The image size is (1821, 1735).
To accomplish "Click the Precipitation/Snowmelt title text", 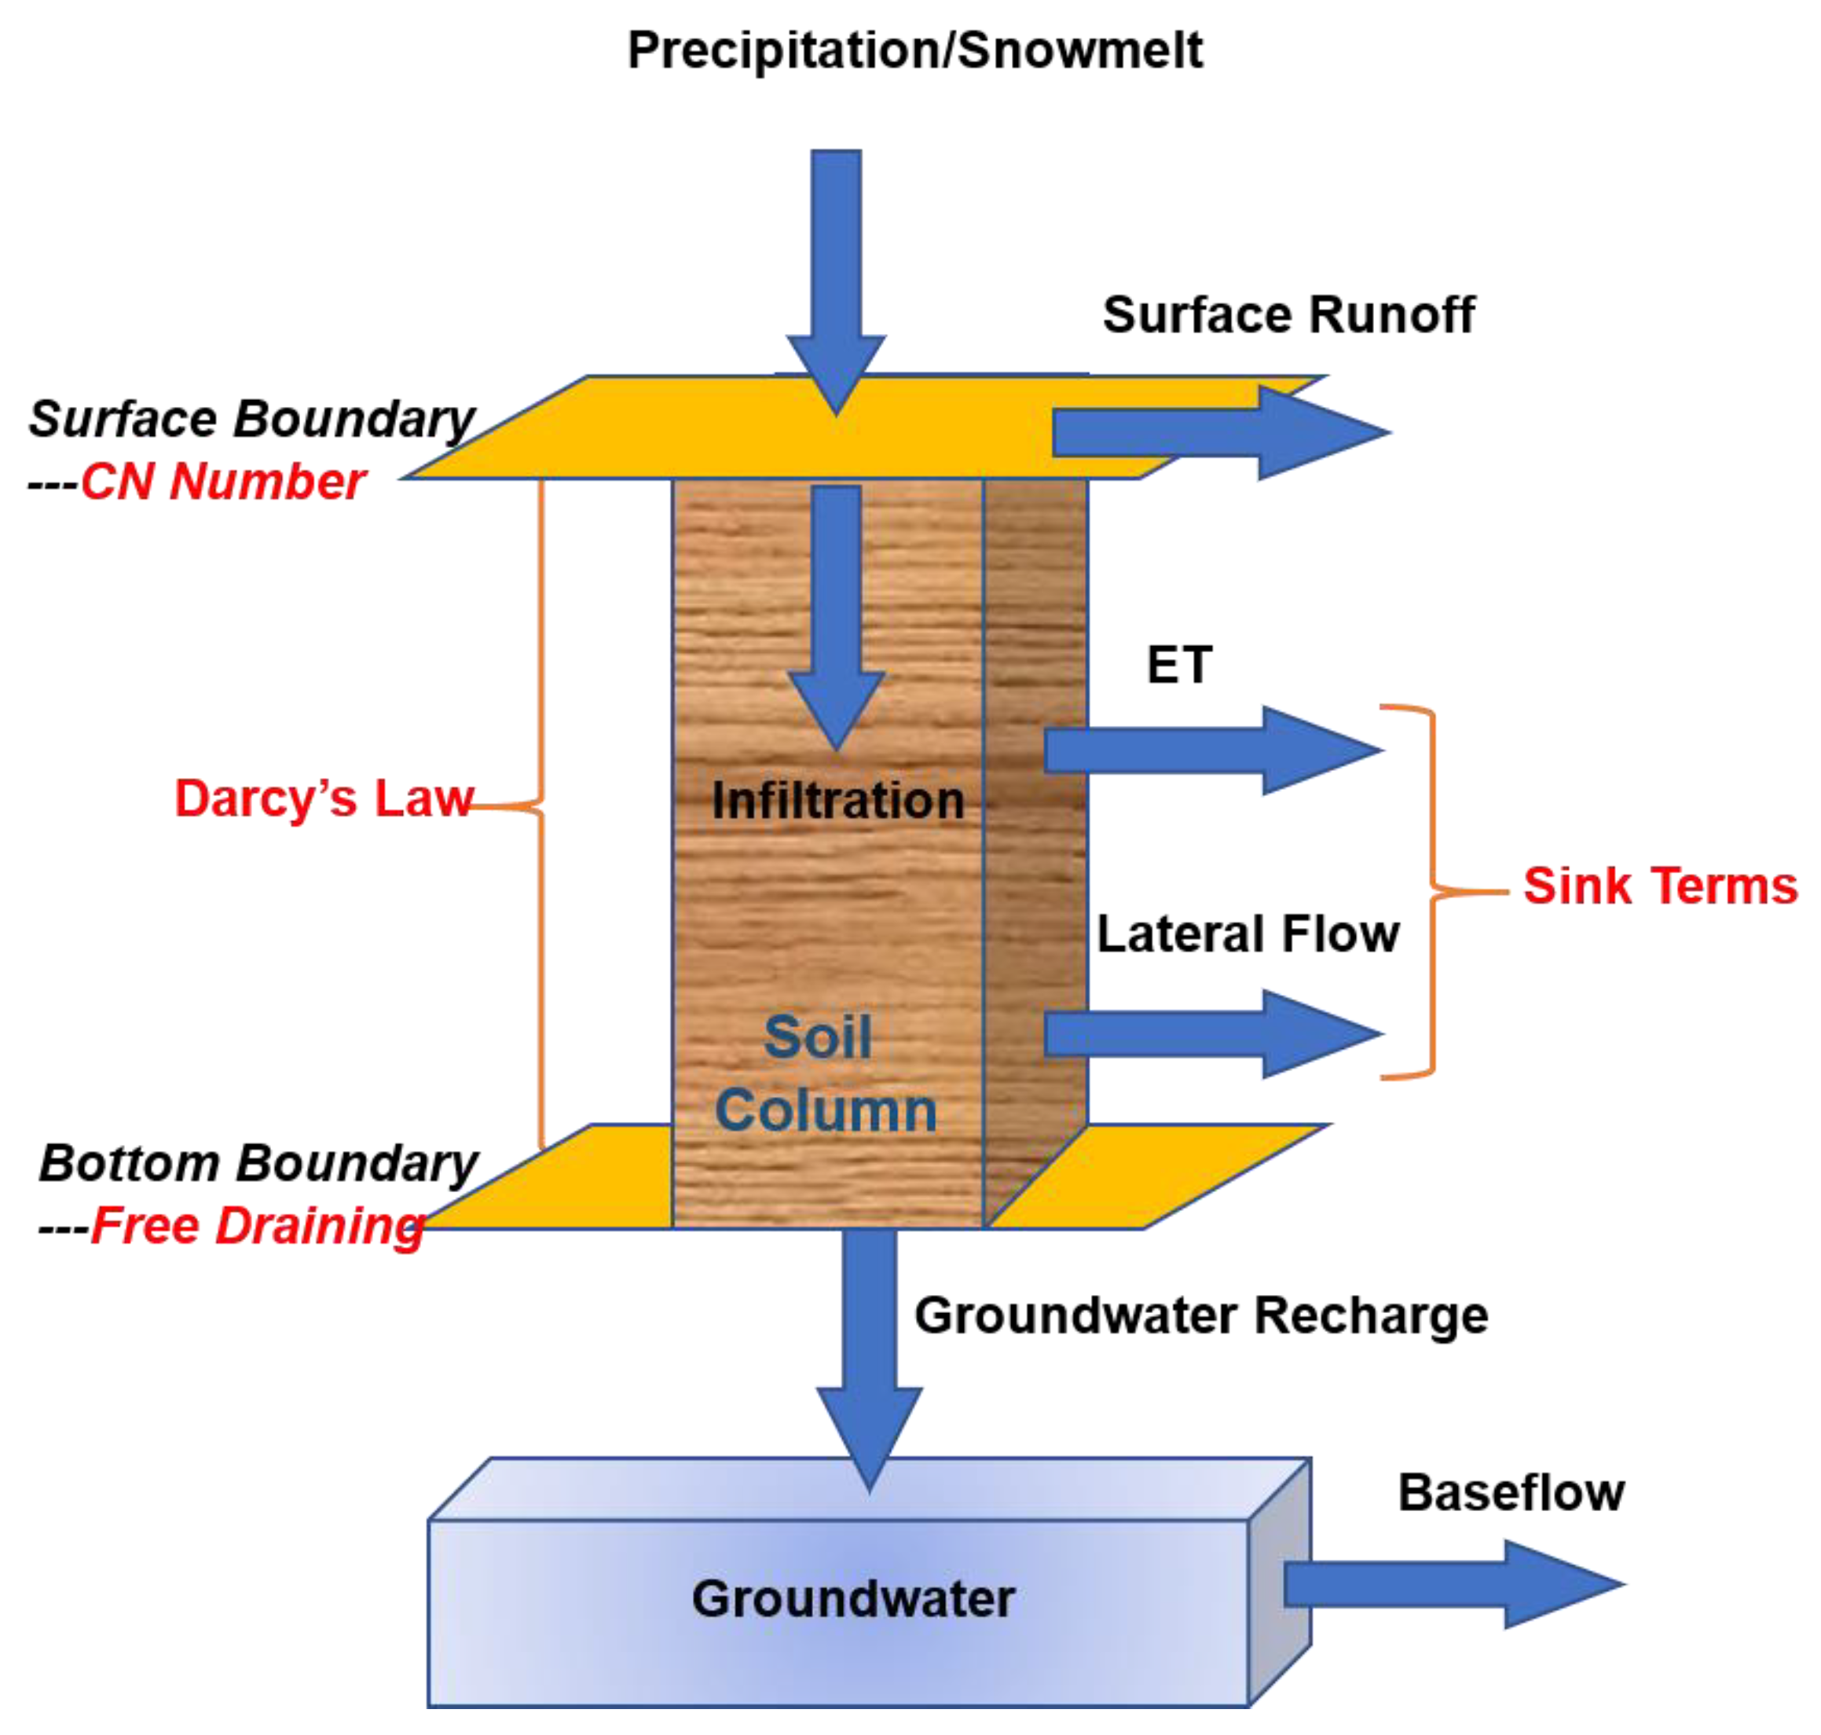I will [914, 50].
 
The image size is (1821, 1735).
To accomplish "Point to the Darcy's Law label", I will [323, 798].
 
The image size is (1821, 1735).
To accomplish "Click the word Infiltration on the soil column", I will [837, 800].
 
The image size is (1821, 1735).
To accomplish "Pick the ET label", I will [1178, 665].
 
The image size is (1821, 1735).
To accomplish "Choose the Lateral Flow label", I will [1247, 934].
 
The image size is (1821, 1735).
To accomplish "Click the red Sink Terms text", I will [1659, 886].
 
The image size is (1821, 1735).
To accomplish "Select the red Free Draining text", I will [256, 1227].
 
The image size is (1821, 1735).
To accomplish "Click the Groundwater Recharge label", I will [1200, 1315].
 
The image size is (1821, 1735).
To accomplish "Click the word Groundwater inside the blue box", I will [852, 1599].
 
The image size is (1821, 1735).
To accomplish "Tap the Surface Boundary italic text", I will [251, 419].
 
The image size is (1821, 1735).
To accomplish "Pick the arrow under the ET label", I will [1211, 750].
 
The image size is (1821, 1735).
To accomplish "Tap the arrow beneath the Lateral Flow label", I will [1211, 1034].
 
